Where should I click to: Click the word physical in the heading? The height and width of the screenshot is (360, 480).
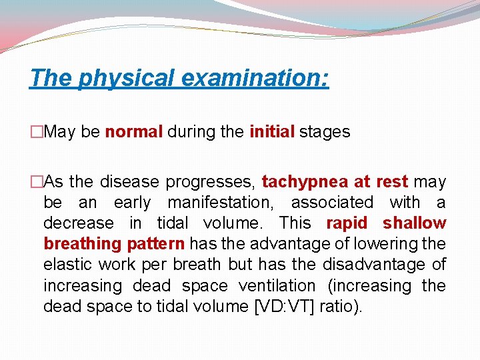[x=127, y=78]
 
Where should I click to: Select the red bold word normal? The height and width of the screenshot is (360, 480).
[x=133, y=132]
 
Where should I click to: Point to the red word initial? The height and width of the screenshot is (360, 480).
[x=272, y=132]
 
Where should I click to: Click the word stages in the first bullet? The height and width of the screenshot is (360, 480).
[x=325, y=132]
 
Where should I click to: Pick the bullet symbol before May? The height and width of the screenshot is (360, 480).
[x=36, y=132]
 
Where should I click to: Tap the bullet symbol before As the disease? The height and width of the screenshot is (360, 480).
[x=36, y=182]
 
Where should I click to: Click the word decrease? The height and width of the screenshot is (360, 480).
[x=71, y=223]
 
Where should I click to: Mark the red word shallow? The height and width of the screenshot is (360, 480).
[x=414, y=223]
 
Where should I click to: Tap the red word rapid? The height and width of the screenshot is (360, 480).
[x=346, y=223]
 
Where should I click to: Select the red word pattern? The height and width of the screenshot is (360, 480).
[x=160, y=244]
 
